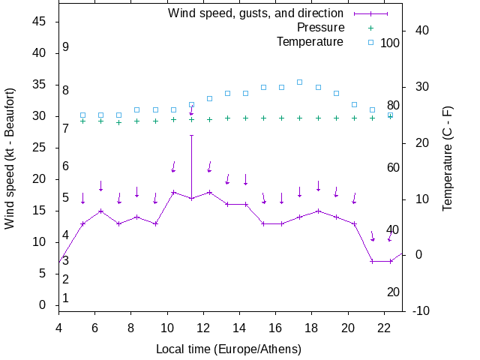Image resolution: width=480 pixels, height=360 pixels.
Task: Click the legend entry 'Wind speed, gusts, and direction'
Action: [x=255, y=13]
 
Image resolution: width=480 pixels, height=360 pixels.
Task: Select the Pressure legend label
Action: [x=321, y=28]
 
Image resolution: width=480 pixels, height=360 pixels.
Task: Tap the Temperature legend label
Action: [x=310, y=42]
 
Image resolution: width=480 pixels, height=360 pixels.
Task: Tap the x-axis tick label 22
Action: [x=384, y=328]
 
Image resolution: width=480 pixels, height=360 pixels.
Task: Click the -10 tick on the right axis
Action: [x=421, y=310]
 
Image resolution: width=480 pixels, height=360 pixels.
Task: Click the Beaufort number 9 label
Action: [x=66, y=47]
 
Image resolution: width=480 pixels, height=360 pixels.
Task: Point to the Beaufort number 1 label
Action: [x=66, y=298]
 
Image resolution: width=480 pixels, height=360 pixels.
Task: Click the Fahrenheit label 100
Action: [x=390, y=43]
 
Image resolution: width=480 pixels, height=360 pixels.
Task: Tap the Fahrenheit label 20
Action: [x=393, y=292]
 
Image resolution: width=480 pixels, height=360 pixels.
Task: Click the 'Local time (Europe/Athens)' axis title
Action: [x=229, y=349]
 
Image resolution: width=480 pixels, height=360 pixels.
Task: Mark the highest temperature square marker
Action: [x=299, y=82]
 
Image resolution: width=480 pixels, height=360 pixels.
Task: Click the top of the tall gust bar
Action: [x=191, y=135]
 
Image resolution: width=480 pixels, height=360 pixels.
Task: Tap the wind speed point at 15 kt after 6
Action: [x=100, y=211]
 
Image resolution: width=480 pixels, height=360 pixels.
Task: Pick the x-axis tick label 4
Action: [x=58, y=328]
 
